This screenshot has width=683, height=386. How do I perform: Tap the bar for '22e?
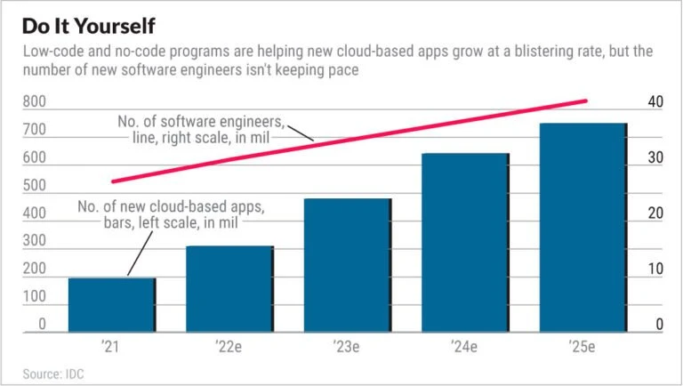click(x=229, y=290)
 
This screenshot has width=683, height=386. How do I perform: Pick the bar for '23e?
click(x=348, y=266)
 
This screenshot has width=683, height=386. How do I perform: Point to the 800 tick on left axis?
click(x=36, y=103)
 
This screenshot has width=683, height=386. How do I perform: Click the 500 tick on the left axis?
click(x=36, y=187)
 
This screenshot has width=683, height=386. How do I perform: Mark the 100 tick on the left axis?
click(x=36, y=298)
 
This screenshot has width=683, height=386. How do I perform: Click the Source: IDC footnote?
click(x=53, y=373)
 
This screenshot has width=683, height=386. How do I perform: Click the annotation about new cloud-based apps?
click(x=171, y=214)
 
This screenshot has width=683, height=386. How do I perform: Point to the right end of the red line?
click(x=586, y=101)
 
